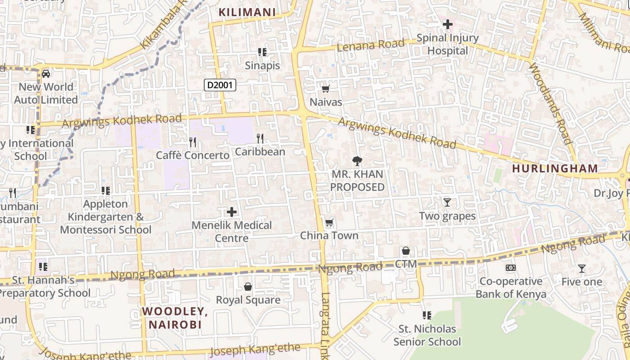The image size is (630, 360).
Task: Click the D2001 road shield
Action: (x=220, y=85)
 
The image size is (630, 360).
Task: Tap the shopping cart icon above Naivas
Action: (x=326, y=89)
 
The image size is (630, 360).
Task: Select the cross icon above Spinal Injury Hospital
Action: (x=447, y=24)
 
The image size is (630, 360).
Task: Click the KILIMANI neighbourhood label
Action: (x=247, y=12)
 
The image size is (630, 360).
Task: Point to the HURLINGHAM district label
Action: (x=555, y=169)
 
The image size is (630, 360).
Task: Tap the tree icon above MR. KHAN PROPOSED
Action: (x=357, y=161)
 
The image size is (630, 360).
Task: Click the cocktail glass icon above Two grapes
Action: (x=447, y=202)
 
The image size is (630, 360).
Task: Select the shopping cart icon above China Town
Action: (x=329, y=223)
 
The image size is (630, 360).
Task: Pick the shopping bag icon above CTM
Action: (x=406, y=251)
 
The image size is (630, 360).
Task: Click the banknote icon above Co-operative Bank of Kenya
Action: (x=511, y=268)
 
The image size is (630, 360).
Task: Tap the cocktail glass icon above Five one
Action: (x=581, y=269)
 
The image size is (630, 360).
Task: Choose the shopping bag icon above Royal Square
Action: (x=247, y=287)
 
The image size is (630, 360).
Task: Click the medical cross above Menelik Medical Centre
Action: (x=232, y=212)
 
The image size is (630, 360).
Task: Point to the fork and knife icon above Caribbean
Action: (x=260, y=138)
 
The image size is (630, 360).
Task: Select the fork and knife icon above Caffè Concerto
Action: (x=193, y=142)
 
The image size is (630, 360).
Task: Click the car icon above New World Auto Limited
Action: (x=46, y=73)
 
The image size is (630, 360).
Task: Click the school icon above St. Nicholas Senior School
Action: (x=427, y=315)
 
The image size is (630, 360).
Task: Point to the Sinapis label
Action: (x=262, y=66)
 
